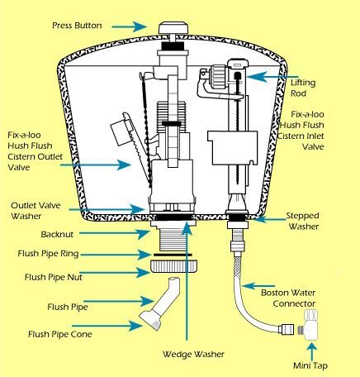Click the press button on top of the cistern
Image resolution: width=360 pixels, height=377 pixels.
tap(173, 28)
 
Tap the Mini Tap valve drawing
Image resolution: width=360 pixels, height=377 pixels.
tap(310, 325)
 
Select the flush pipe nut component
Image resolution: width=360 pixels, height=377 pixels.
tap(174, 266)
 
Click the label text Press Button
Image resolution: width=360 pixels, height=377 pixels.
tap(77, 26)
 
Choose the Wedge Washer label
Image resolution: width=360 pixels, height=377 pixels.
tap(193, 354)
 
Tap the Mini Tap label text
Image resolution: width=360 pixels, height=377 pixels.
tap(310, 365)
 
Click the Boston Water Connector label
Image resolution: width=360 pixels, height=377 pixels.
tap(288, 298)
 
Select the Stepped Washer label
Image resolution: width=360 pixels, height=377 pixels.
tap(303, 221)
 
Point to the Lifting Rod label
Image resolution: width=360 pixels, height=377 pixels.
tap(303, 88)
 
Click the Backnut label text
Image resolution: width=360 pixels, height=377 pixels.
tap(57, 235)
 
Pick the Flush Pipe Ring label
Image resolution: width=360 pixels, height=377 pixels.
tap(48, 254)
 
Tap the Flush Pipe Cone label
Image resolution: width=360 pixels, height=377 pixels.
tap(60, 334)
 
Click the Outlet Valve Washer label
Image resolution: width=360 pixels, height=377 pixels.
tap(36, 211)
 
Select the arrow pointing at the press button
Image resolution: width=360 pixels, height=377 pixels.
tap(129, 26)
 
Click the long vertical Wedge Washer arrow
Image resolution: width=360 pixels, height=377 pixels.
tap(187, 280)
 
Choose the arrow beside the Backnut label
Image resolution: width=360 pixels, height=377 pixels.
tap(115, 234)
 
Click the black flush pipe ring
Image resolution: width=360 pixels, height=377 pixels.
tap(173, 255)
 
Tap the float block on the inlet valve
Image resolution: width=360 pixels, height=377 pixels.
tap(233, 148)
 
